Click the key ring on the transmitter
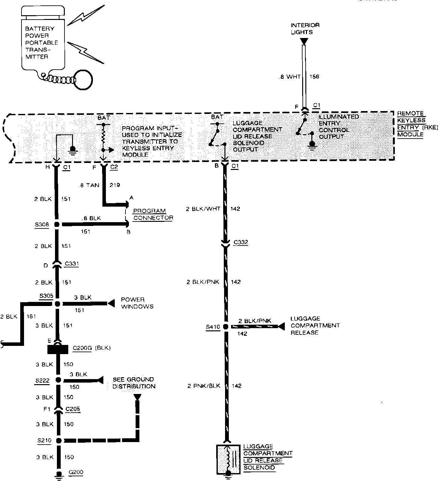point(83,79)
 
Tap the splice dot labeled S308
point(57,225)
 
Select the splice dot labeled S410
point(226,327)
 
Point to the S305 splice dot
point(57,304)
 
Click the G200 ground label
point(76,472)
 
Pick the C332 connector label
point(241,243)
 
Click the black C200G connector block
point(58,349)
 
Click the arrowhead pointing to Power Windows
point(111,303)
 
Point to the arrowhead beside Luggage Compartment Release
point(281,326)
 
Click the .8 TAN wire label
point(89,185)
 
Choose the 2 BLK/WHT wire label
point(203,209)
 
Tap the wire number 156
point(314,77)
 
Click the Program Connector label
point(153,214)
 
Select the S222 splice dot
point(58,380)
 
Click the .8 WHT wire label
point(290,77)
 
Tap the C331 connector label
point(71,264)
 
